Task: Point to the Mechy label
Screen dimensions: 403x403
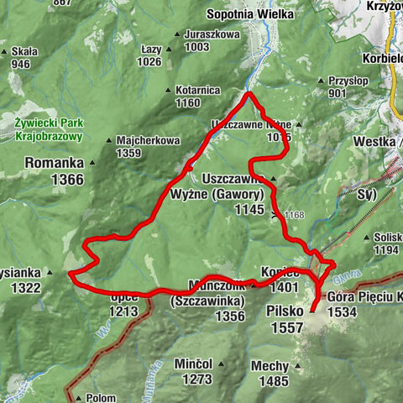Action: (273, 365)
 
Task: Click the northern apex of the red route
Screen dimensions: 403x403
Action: (249, 94)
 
